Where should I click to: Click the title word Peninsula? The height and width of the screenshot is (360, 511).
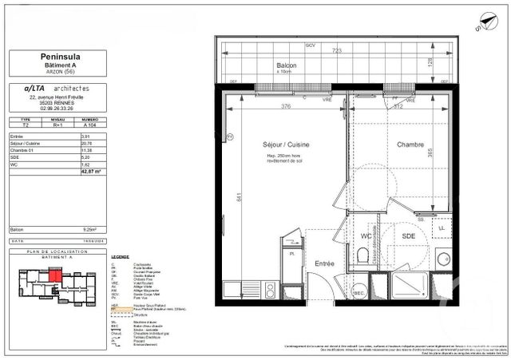pyautogui.click(x=61, y=57)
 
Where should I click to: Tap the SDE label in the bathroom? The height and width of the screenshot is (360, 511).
pyautogui.click(x=409, y=237)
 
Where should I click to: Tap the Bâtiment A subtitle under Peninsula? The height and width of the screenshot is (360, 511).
pyautogui.click(x=61, y=65)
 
